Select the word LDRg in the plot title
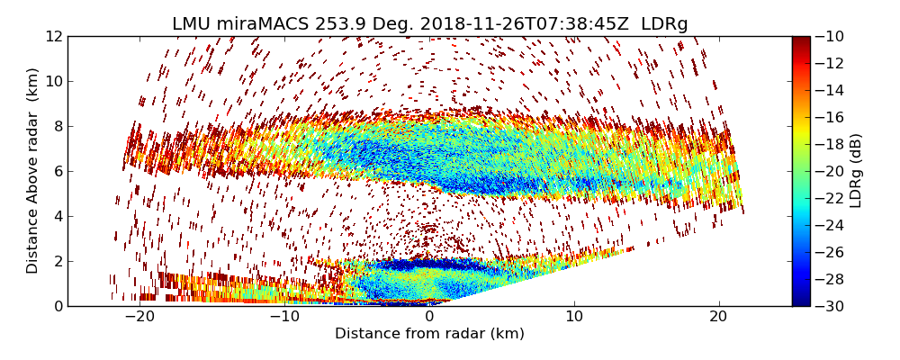(664, 24)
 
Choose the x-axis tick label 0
(430, 318)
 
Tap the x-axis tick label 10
(574, 318)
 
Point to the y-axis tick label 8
(57, 127)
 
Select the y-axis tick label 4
(57, 216)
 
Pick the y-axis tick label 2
(57, 261)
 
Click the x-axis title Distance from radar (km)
(429, 334)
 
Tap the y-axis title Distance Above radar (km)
(33, 171)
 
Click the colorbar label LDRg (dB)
(856, 171)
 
